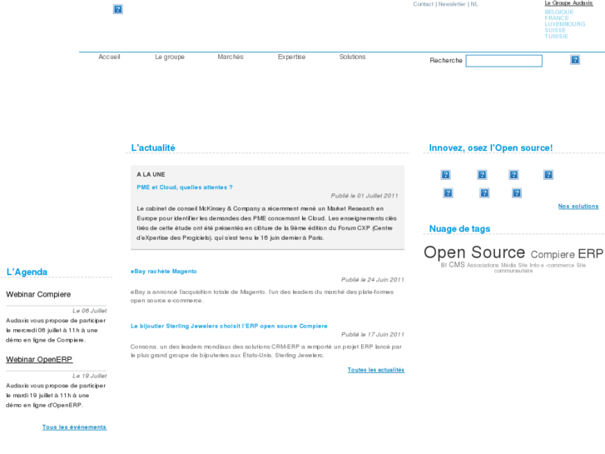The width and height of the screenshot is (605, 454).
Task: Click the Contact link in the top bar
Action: click(423, 4)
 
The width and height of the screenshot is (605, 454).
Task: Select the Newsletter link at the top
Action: click(452, 4)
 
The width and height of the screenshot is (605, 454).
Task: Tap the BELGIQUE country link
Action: click(558, 12)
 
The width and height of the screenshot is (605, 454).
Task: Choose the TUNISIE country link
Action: click(557, 37)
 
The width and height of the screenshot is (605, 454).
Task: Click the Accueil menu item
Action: click(109, 57)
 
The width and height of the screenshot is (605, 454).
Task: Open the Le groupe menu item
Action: click(170, 57)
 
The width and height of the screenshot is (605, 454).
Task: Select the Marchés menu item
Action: click(231, 57)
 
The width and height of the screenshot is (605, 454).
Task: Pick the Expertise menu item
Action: click(291, 57)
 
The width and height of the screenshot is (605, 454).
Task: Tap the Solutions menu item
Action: click(352, 57)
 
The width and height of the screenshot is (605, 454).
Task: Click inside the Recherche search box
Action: click(503, 61)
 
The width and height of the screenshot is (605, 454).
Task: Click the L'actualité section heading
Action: click(153, 148)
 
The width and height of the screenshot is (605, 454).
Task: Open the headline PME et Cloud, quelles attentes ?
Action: click(185, 187)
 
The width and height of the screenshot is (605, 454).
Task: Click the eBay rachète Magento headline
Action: click(164, 272)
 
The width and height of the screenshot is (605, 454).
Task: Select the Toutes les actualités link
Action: click(376, 370)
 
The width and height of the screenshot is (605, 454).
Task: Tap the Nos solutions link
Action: click(578, 207)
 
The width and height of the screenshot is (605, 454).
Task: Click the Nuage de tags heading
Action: click(459, 229)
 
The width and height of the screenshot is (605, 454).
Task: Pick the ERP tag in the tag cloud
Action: click(590, 253)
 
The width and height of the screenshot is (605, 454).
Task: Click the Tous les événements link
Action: click(74, 427)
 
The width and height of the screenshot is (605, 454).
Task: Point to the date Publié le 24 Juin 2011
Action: click(372, 280)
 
